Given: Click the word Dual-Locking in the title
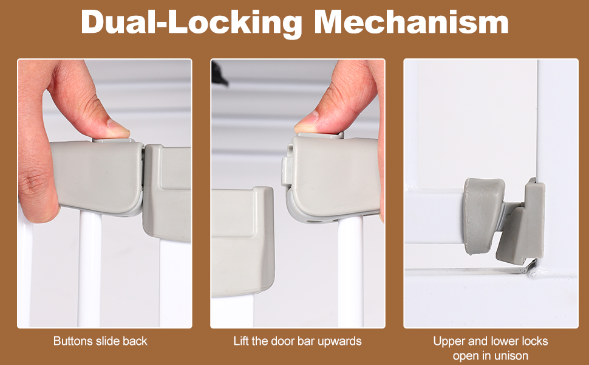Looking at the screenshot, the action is [191, 23].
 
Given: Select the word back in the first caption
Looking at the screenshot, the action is [135, 341].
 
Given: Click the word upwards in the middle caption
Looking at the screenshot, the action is [339, 342].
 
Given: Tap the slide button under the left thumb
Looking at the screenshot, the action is [114, 140].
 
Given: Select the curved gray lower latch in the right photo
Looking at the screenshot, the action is [483, 215].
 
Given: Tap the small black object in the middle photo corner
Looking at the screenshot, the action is [219, 73].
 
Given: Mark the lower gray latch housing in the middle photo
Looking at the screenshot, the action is [243, 242].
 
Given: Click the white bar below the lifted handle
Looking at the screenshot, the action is [351, 271].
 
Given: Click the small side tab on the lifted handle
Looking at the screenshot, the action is [287, 171].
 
